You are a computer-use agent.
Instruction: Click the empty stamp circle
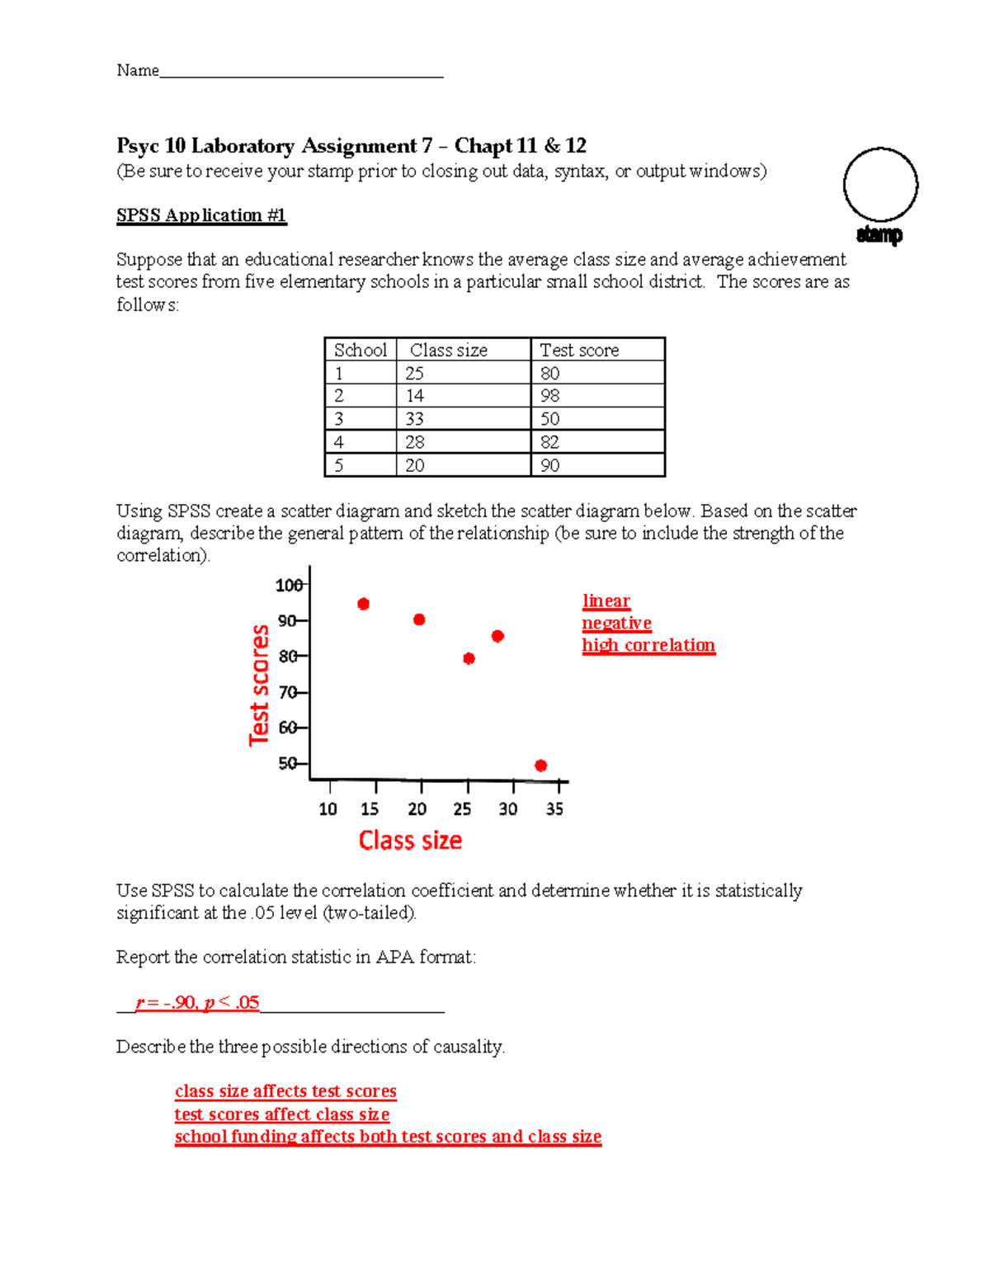880,185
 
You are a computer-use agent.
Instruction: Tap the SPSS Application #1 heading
201,215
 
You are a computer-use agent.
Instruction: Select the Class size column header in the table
449,350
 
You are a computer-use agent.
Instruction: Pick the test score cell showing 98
550,396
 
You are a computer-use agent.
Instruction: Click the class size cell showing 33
415,419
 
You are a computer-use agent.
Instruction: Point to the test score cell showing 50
550,419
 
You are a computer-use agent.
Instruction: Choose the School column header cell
361,350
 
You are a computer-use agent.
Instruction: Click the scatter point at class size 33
540,765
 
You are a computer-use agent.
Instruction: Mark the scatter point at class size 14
363,604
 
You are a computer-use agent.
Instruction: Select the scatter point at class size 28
497,636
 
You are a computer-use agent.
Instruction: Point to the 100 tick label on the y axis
288,586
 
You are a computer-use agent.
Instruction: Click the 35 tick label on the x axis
554,809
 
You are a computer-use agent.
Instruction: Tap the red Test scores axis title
260,685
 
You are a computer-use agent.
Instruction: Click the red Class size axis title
410,841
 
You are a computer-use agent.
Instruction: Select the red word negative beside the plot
616,624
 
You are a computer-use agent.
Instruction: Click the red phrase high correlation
648,645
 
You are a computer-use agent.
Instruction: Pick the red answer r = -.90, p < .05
198,1002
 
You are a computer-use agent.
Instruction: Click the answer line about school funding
388,1137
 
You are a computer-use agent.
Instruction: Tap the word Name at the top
137,70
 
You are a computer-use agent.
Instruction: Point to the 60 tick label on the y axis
287,728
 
